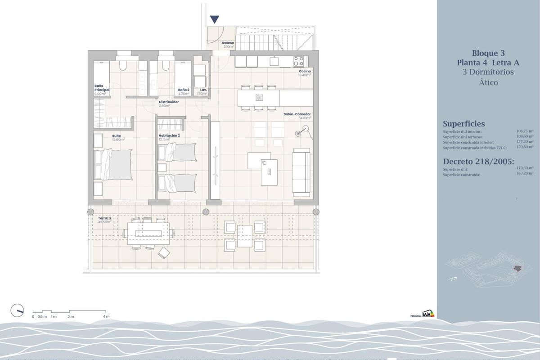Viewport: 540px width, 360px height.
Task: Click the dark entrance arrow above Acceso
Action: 215,19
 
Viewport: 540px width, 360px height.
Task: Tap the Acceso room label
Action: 228,43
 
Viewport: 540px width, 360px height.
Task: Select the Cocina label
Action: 305,72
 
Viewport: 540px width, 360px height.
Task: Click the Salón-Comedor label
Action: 297,115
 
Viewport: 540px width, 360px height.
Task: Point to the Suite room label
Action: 117,135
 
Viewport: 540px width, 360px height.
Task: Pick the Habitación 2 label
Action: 169,135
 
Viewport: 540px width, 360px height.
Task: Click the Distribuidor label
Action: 169,102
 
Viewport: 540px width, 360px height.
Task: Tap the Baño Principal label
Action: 102,88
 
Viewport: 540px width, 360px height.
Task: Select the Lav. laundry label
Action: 203,90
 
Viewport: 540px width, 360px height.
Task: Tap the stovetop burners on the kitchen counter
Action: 299,60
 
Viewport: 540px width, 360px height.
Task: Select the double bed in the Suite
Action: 116,164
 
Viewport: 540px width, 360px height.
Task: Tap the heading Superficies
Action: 464,124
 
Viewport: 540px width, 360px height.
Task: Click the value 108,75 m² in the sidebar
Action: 525,131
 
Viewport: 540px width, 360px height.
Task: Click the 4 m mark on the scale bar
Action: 106,316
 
